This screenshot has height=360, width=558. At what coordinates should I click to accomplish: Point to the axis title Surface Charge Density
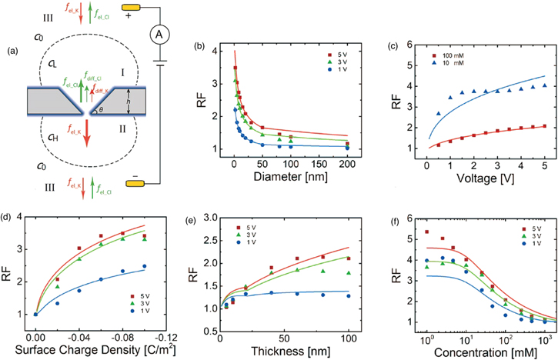tap(89, 350)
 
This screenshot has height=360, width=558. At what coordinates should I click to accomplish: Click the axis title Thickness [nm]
tap(286, 350)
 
